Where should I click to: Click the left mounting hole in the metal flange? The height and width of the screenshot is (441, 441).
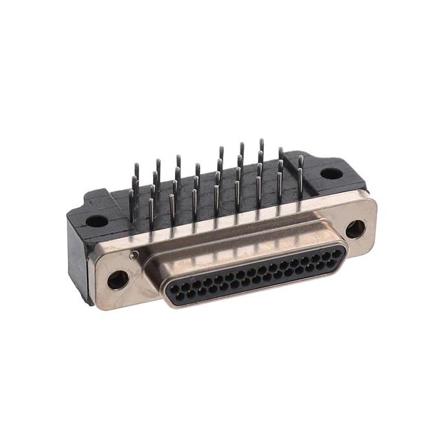118,279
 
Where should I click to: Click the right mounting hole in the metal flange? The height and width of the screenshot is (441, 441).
356,229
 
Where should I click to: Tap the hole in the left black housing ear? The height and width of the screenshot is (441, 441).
97,222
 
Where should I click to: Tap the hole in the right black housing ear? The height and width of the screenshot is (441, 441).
331,173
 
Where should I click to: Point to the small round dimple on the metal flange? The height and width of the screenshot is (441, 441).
135,256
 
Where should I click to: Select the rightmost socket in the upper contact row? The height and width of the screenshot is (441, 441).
336,253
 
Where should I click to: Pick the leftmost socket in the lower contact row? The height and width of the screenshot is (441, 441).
180,297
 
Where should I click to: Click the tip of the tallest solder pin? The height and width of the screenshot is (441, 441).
261,141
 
